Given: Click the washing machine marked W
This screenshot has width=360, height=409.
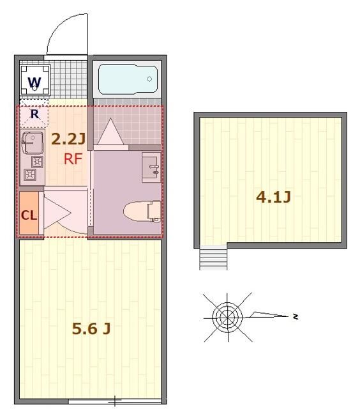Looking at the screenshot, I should coord(34,81).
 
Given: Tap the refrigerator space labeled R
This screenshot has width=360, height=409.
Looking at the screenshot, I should coord(36,114).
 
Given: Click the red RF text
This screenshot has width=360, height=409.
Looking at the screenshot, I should coord(73,159).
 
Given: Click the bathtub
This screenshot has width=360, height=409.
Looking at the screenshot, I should coord(127,79).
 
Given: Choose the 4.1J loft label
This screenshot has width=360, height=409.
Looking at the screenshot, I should coord(273,197).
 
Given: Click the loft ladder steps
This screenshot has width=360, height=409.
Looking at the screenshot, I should coord(213,258).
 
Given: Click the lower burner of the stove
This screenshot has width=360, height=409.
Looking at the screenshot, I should coord(30,173).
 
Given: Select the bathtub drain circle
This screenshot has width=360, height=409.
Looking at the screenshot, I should coord(149,79).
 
